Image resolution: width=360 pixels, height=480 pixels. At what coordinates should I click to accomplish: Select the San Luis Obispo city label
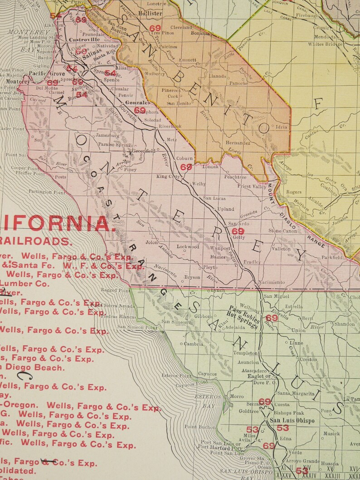coord(292,420)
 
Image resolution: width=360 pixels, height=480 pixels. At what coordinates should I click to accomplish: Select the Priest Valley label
coord(252,186)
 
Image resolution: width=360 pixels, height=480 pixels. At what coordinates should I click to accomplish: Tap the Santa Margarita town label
coord(296,393)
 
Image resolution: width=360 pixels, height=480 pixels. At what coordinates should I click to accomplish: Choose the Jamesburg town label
coord(107,135)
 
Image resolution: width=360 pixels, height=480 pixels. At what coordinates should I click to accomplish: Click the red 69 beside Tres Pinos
coord(155,28)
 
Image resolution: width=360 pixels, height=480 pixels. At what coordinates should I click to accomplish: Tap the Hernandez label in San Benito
coord(238,143)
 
